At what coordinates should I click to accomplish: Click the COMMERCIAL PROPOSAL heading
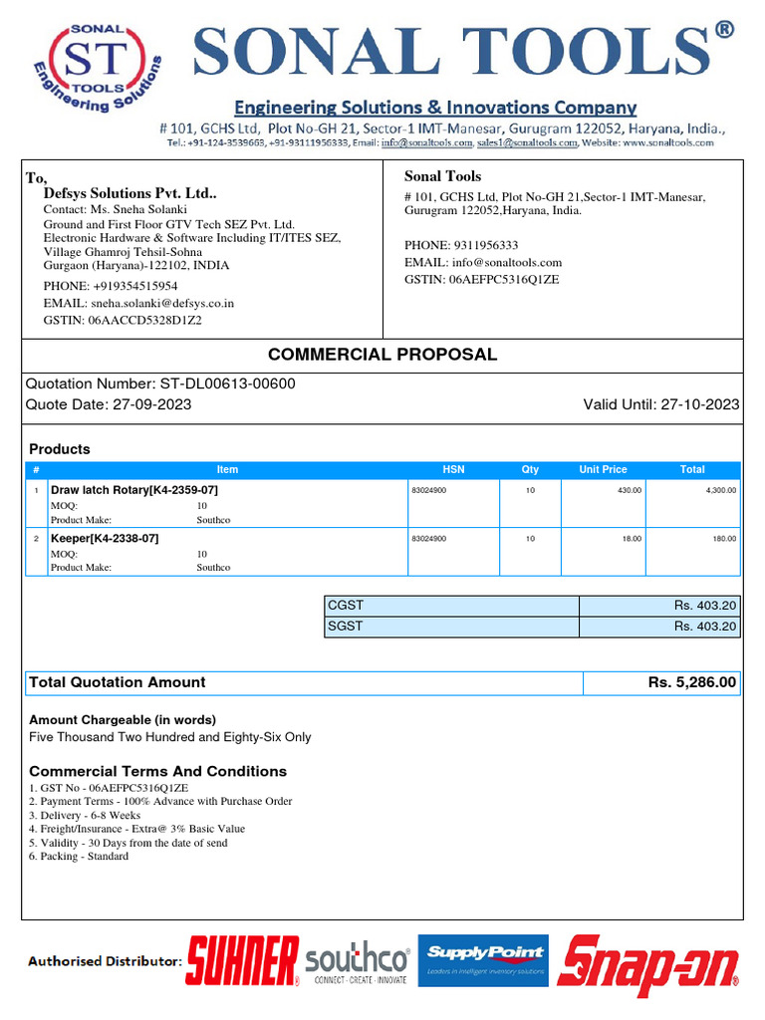tap(382, 355)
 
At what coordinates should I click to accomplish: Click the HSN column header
tap(453, 469)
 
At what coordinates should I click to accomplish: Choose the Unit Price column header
tap(603, 469)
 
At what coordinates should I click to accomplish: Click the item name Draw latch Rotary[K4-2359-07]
tap(134, 490)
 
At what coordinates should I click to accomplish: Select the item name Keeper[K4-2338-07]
tap(105, 538)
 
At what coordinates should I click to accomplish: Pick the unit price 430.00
tap(630, 490)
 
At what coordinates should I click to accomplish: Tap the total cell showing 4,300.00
tap(719, 490)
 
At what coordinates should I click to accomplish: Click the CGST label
tap(346, 606)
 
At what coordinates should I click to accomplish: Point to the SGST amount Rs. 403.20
tap(704, 627)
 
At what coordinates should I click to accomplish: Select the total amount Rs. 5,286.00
tap(691, 682)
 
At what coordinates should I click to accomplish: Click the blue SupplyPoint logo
tap(482, 959)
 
